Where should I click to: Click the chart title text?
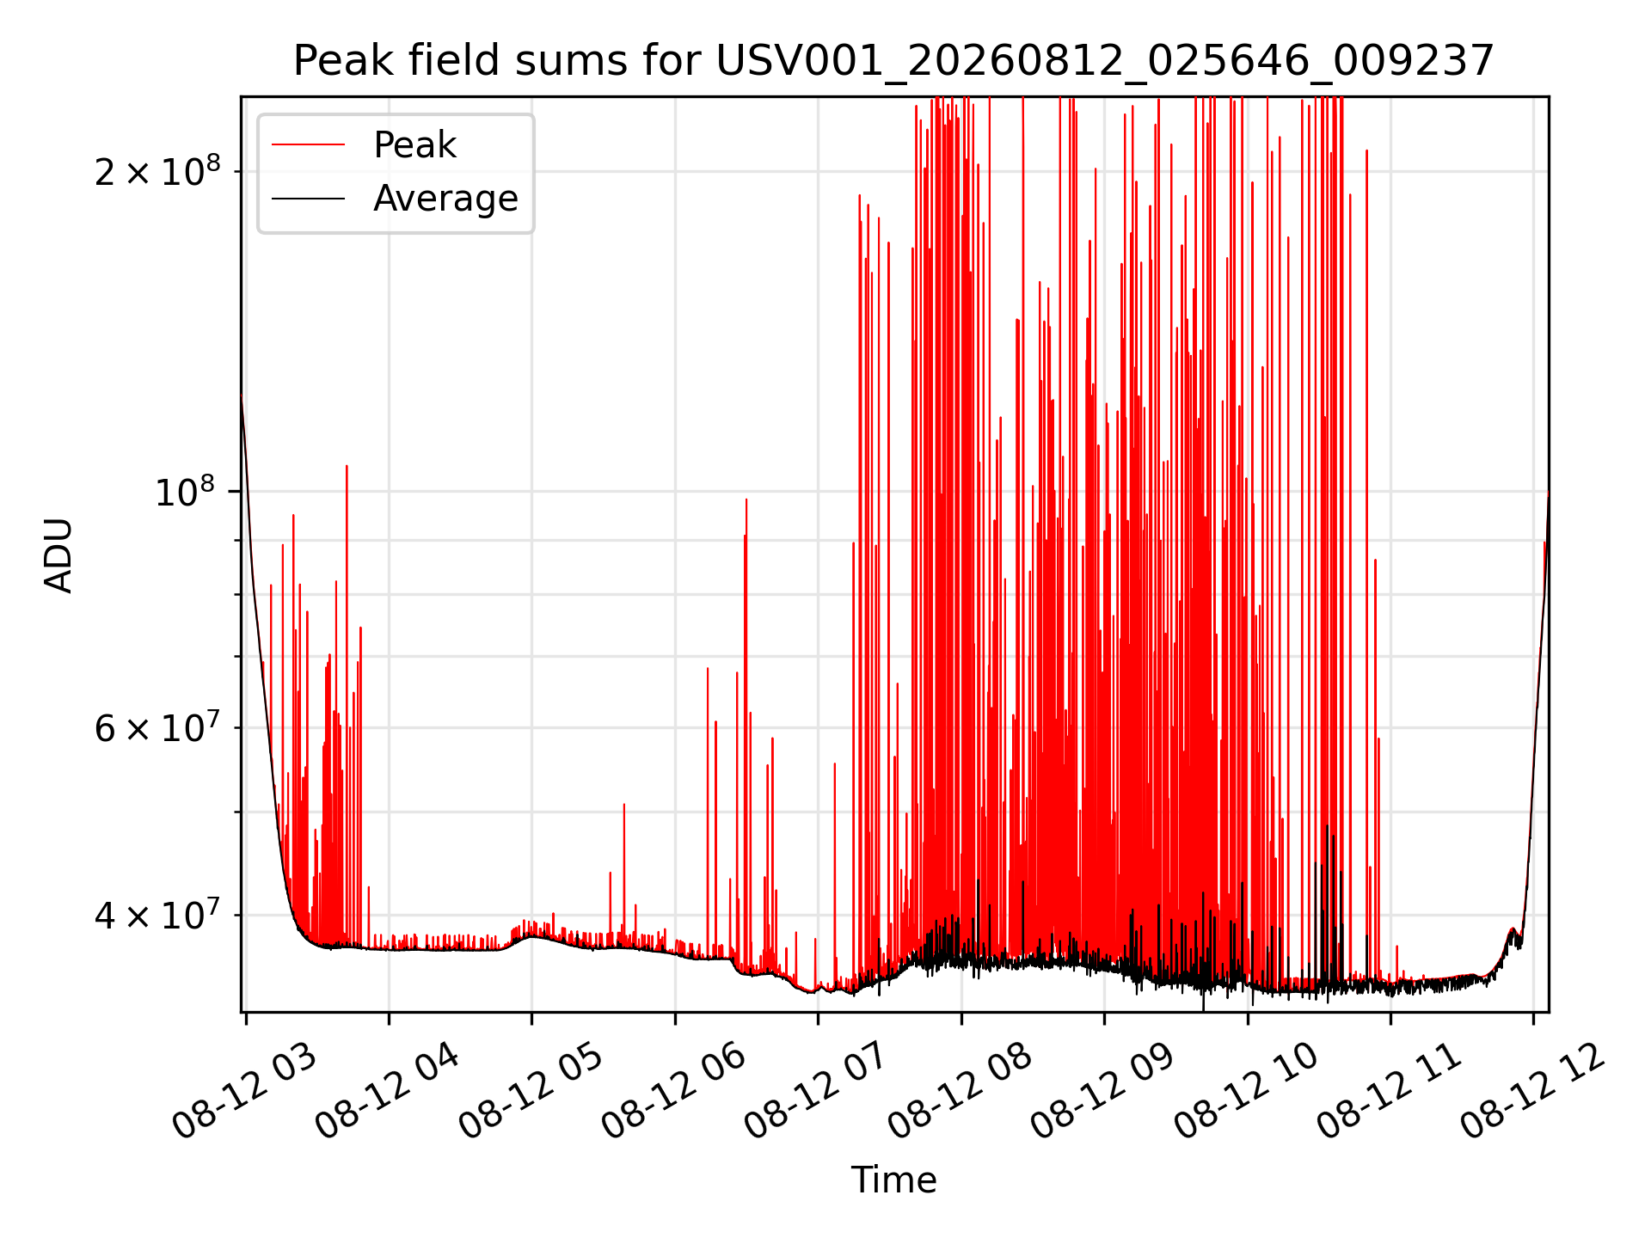[893, 61]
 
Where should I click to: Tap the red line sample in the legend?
[308, 145]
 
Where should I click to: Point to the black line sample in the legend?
[308, 199]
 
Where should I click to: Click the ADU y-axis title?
[58, 555]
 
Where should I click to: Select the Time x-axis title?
[893, 1180]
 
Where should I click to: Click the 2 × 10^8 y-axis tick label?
[157, 170]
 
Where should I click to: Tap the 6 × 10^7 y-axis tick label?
[157, 727]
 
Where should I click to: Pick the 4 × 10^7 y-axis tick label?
[157, 914]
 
